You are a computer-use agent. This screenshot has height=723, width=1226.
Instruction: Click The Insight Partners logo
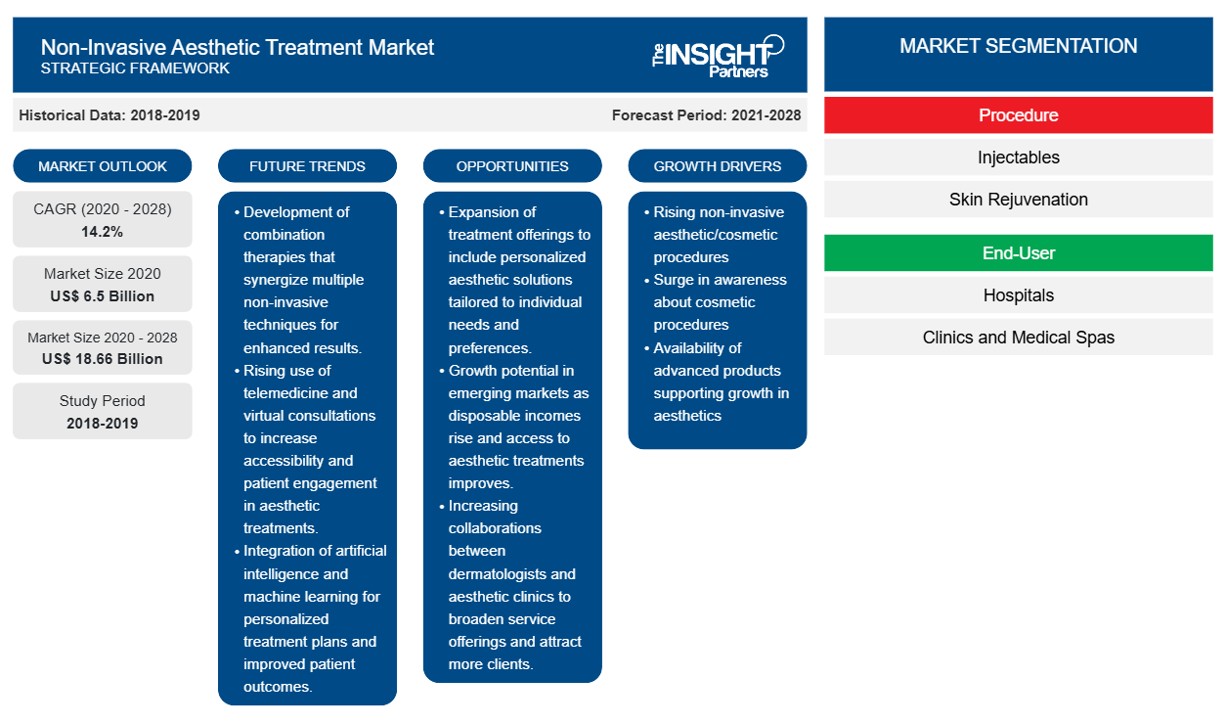718,56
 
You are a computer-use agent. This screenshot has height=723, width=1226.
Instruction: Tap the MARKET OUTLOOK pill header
103,166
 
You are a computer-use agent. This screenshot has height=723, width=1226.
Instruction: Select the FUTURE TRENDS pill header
307,166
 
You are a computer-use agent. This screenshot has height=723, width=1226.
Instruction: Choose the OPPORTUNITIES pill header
512,166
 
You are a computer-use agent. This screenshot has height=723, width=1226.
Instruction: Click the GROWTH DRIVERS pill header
717,166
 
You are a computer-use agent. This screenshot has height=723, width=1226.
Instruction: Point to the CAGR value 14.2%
103,232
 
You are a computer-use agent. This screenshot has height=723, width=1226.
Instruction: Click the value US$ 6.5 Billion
103,296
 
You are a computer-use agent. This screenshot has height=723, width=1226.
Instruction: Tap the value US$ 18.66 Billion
103,359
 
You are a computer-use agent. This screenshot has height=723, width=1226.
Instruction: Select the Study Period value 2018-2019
103,424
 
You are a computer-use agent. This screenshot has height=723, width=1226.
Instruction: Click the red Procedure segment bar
1019,115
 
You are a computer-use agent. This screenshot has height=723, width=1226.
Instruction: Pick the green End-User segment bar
1019,253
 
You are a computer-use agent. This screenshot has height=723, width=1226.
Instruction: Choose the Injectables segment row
1019,158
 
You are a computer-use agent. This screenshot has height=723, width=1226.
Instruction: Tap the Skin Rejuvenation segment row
1019,200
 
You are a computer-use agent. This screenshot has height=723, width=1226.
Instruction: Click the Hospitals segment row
1019,295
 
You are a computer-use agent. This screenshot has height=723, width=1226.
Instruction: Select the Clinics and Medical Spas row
1019,338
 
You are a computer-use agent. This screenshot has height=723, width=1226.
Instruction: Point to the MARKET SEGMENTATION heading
1019,46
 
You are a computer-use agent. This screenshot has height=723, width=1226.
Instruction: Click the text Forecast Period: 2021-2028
706,115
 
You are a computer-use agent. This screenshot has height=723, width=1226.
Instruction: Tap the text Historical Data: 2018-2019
109,115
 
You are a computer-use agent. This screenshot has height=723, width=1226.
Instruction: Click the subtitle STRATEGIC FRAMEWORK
135,68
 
